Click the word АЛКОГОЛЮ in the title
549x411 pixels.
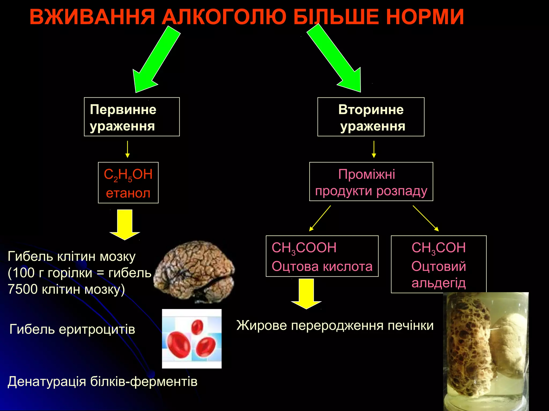click(x=225, y=17)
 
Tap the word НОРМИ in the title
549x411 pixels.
click(x=425, y=17)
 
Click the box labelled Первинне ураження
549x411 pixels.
click(x=132, y=117)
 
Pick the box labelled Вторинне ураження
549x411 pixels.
click(x=371, y=117)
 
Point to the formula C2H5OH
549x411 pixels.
click(x=128, y=175)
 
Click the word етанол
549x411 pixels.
click(x=128, y=193)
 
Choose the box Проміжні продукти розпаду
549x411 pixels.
click(x=371, y=182)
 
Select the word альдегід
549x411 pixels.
click(x=439, y=283)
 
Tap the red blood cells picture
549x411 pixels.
click(x=192, y=339)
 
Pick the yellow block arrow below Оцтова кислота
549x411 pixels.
click(x=306, y=293)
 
